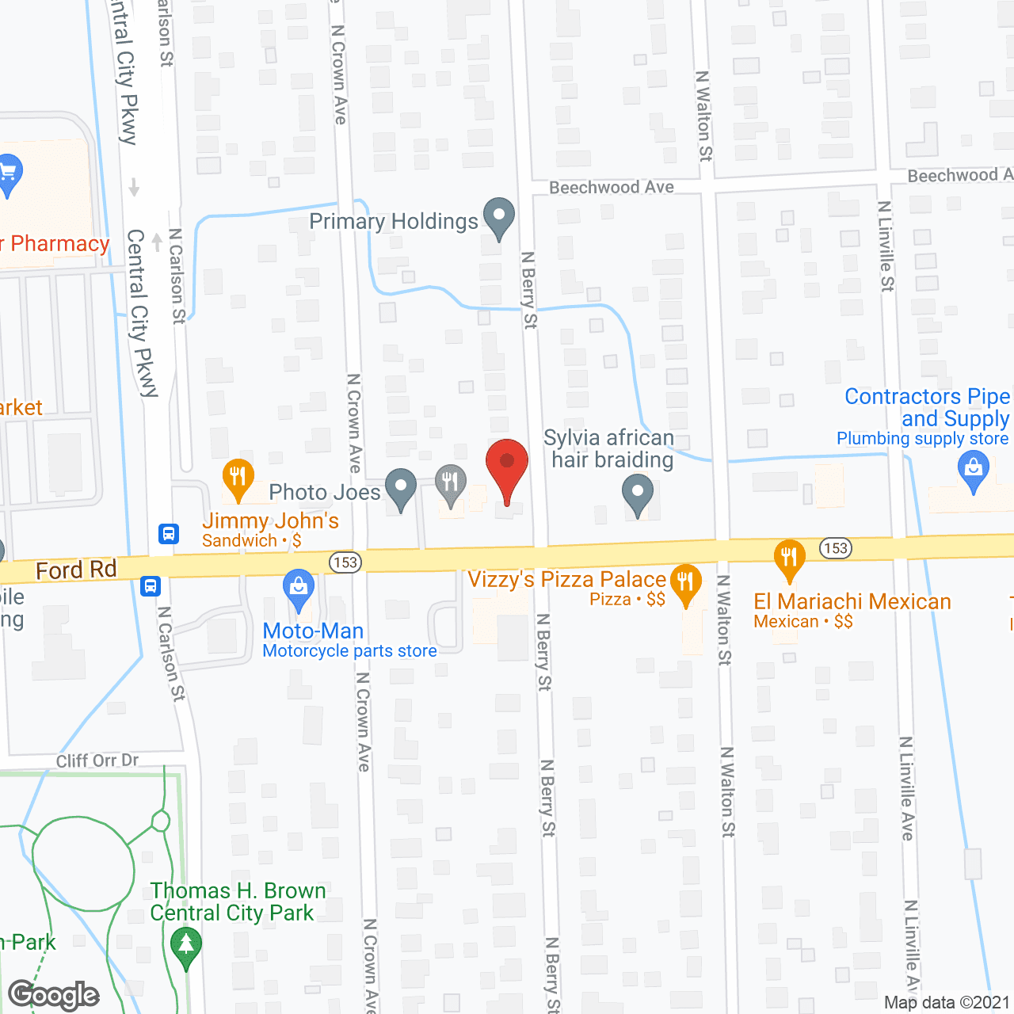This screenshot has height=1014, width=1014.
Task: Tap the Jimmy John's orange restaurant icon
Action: (238, 478)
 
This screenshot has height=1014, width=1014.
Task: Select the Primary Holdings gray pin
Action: (499, 217)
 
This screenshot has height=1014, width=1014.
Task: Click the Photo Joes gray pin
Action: (400, 488)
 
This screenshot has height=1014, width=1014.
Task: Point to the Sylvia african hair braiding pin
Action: (637, 494)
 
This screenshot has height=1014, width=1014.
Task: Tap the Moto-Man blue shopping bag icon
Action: (299, 589)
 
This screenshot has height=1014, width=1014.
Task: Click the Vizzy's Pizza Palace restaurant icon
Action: (685, 583)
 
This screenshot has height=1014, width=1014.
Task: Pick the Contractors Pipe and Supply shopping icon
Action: (974, 470)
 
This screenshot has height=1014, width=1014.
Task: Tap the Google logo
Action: (54, 995)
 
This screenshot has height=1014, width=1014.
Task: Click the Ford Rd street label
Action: (76, 570)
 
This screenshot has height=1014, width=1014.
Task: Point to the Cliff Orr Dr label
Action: (97, 760)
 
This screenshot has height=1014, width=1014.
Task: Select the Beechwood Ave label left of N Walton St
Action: (612, 188)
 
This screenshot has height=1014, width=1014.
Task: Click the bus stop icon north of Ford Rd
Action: (169, 534)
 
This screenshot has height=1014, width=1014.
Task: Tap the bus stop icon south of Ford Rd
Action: (151, 587)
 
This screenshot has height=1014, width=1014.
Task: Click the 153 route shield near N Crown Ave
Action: (345, 562)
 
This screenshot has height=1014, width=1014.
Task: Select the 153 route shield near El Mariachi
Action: (835, 548)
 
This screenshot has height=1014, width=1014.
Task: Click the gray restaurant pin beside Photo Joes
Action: (450, 483)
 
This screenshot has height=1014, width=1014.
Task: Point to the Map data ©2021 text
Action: (947, 1002)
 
